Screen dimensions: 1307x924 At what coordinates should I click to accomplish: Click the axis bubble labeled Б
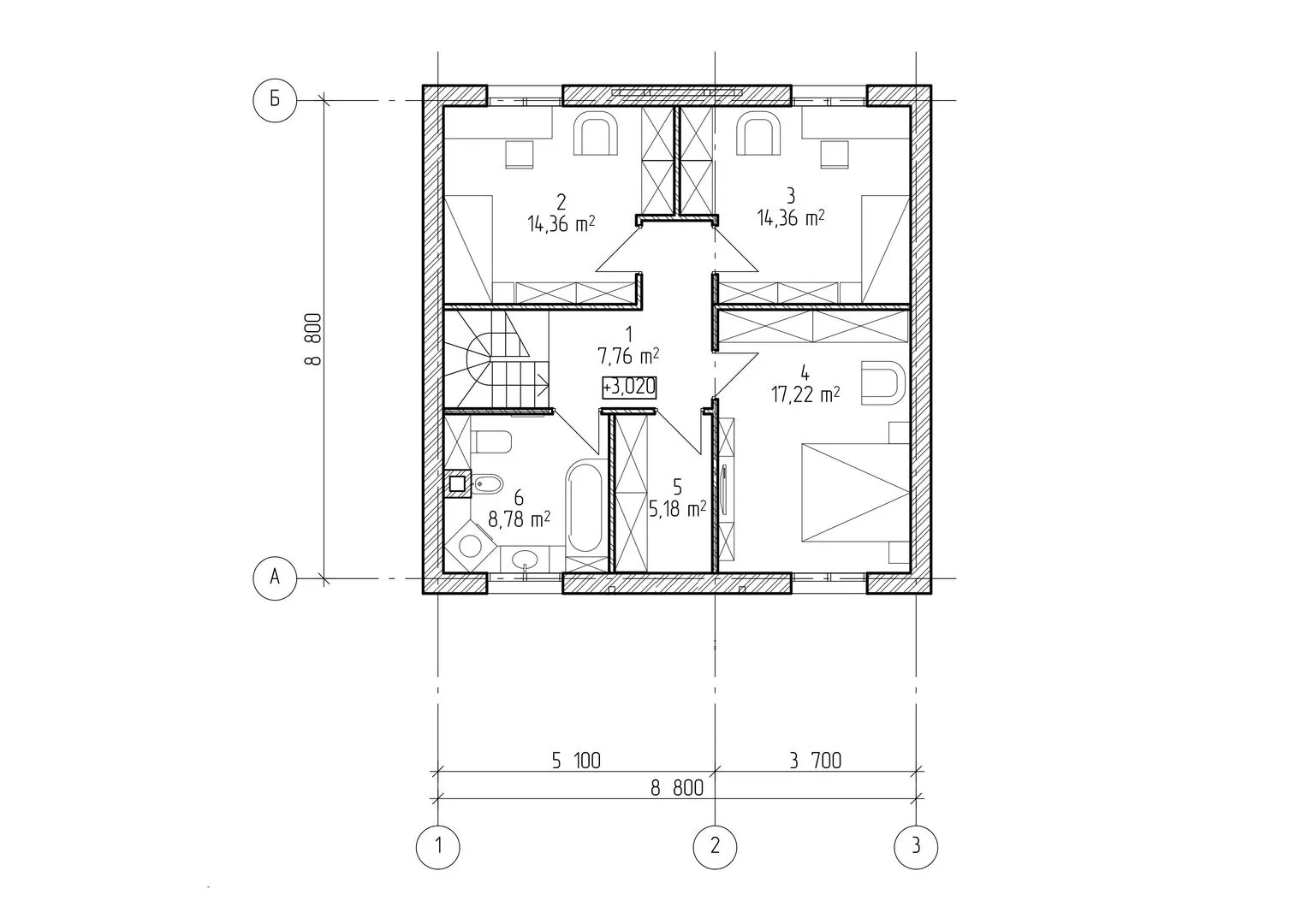pos(275,100)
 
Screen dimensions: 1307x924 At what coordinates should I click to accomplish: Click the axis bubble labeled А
pos(275,578)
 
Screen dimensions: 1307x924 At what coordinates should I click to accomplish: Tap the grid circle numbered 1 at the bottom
pos(438,846)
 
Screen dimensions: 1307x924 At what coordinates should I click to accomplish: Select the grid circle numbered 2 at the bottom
pos(716,846)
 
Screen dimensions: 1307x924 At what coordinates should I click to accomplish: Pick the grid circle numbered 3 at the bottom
pos(916,846)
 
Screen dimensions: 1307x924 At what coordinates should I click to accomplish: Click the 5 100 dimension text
pos(576,761)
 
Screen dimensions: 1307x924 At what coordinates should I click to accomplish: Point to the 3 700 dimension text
pos(815,761)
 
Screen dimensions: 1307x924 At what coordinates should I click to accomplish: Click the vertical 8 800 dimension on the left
pos(313,340)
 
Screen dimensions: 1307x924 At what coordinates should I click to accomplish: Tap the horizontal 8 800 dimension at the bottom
pos(677,789)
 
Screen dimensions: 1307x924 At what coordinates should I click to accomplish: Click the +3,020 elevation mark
pos(629,388)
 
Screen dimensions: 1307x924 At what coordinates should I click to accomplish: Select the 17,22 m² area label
pos(805,395)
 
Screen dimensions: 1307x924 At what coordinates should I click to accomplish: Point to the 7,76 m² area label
pos(628,355)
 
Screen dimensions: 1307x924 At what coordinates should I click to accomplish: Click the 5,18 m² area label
pos(677,509)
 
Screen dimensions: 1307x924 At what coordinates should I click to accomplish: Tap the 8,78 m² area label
pos(519,519)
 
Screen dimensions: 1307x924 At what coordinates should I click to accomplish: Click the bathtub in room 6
pos(585,506)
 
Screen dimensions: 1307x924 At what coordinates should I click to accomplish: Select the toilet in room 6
pos(493,441)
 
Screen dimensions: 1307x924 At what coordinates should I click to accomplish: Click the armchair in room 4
pos(882,382)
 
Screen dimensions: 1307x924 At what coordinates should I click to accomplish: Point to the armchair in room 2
pos(596,135)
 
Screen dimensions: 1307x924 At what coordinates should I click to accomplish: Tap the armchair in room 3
pos(758,135)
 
